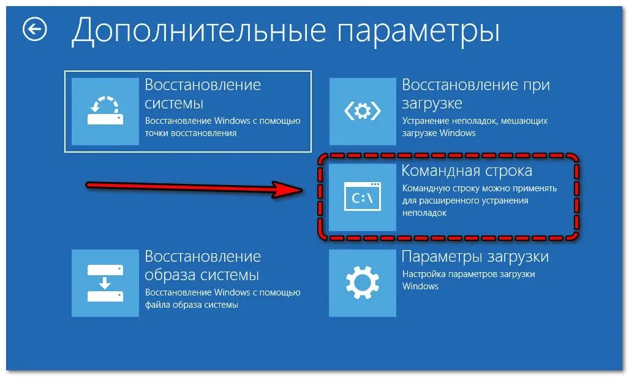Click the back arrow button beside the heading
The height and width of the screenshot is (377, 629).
[35, 29]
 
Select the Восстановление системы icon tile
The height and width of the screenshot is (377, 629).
[105, 111]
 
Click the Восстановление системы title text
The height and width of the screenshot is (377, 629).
[203, 94]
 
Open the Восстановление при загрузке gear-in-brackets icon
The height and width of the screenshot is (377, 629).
[363, 111]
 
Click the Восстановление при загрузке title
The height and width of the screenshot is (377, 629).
[475, 94]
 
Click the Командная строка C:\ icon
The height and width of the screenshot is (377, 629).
[363, 197]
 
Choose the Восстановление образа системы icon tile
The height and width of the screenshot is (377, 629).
[105, 283]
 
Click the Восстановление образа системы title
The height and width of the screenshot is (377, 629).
[203, 265]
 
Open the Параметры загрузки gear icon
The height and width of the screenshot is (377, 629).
[363, 283]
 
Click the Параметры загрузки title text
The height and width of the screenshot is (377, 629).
[475, 256]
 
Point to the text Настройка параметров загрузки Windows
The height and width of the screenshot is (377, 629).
[469, 280]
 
